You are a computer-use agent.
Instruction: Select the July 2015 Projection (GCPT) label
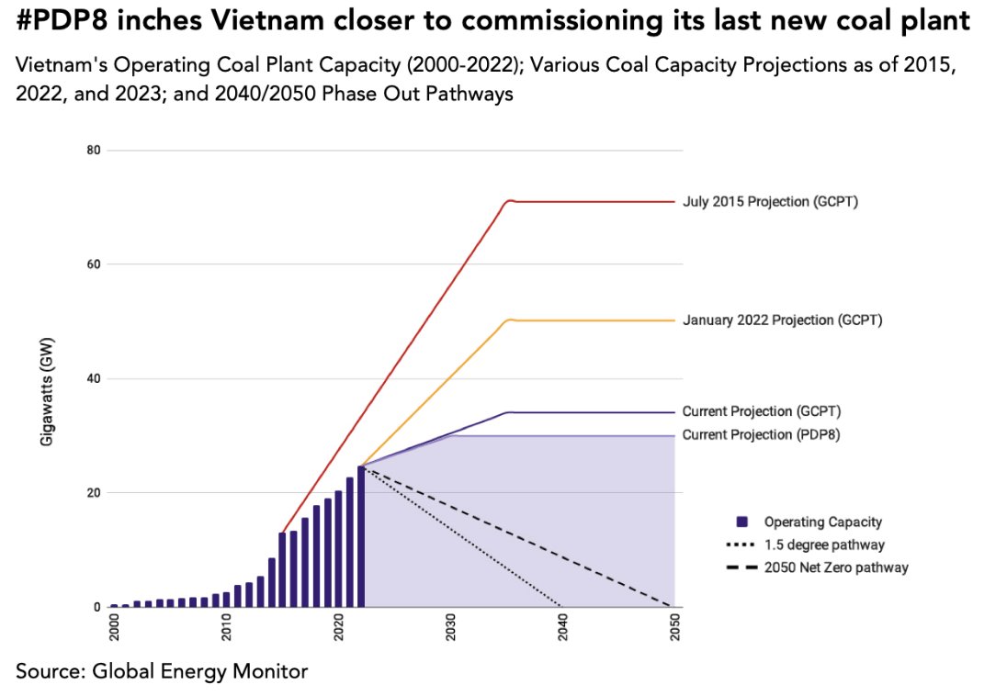[770, 201]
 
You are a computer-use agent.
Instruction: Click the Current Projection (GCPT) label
[762, 411]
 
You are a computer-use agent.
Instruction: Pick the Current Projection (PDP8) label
[761, 434]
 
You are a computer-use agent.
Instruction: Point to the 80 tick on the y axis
[94, 150]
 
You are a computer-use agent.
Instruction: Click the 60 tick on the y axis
[94, 264]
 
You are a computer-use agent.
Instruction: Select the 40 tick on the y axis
[94, 378]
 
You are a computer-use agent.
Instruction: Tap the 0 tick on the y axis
[96, 607]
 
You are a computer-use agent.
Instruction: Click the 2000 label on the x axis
[115, 629]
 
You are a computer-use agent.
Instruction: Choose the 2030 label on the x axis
[451, 629]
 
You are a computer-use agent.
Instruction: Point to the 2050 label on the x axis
[675, 629]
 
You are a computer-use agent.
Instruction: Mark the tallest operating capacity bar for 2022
[361, 536]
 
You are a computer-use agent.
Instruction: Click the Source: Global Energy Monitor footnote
[162, 671]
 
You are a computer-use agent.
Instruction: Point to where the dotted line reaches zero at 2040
[562, 606]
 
